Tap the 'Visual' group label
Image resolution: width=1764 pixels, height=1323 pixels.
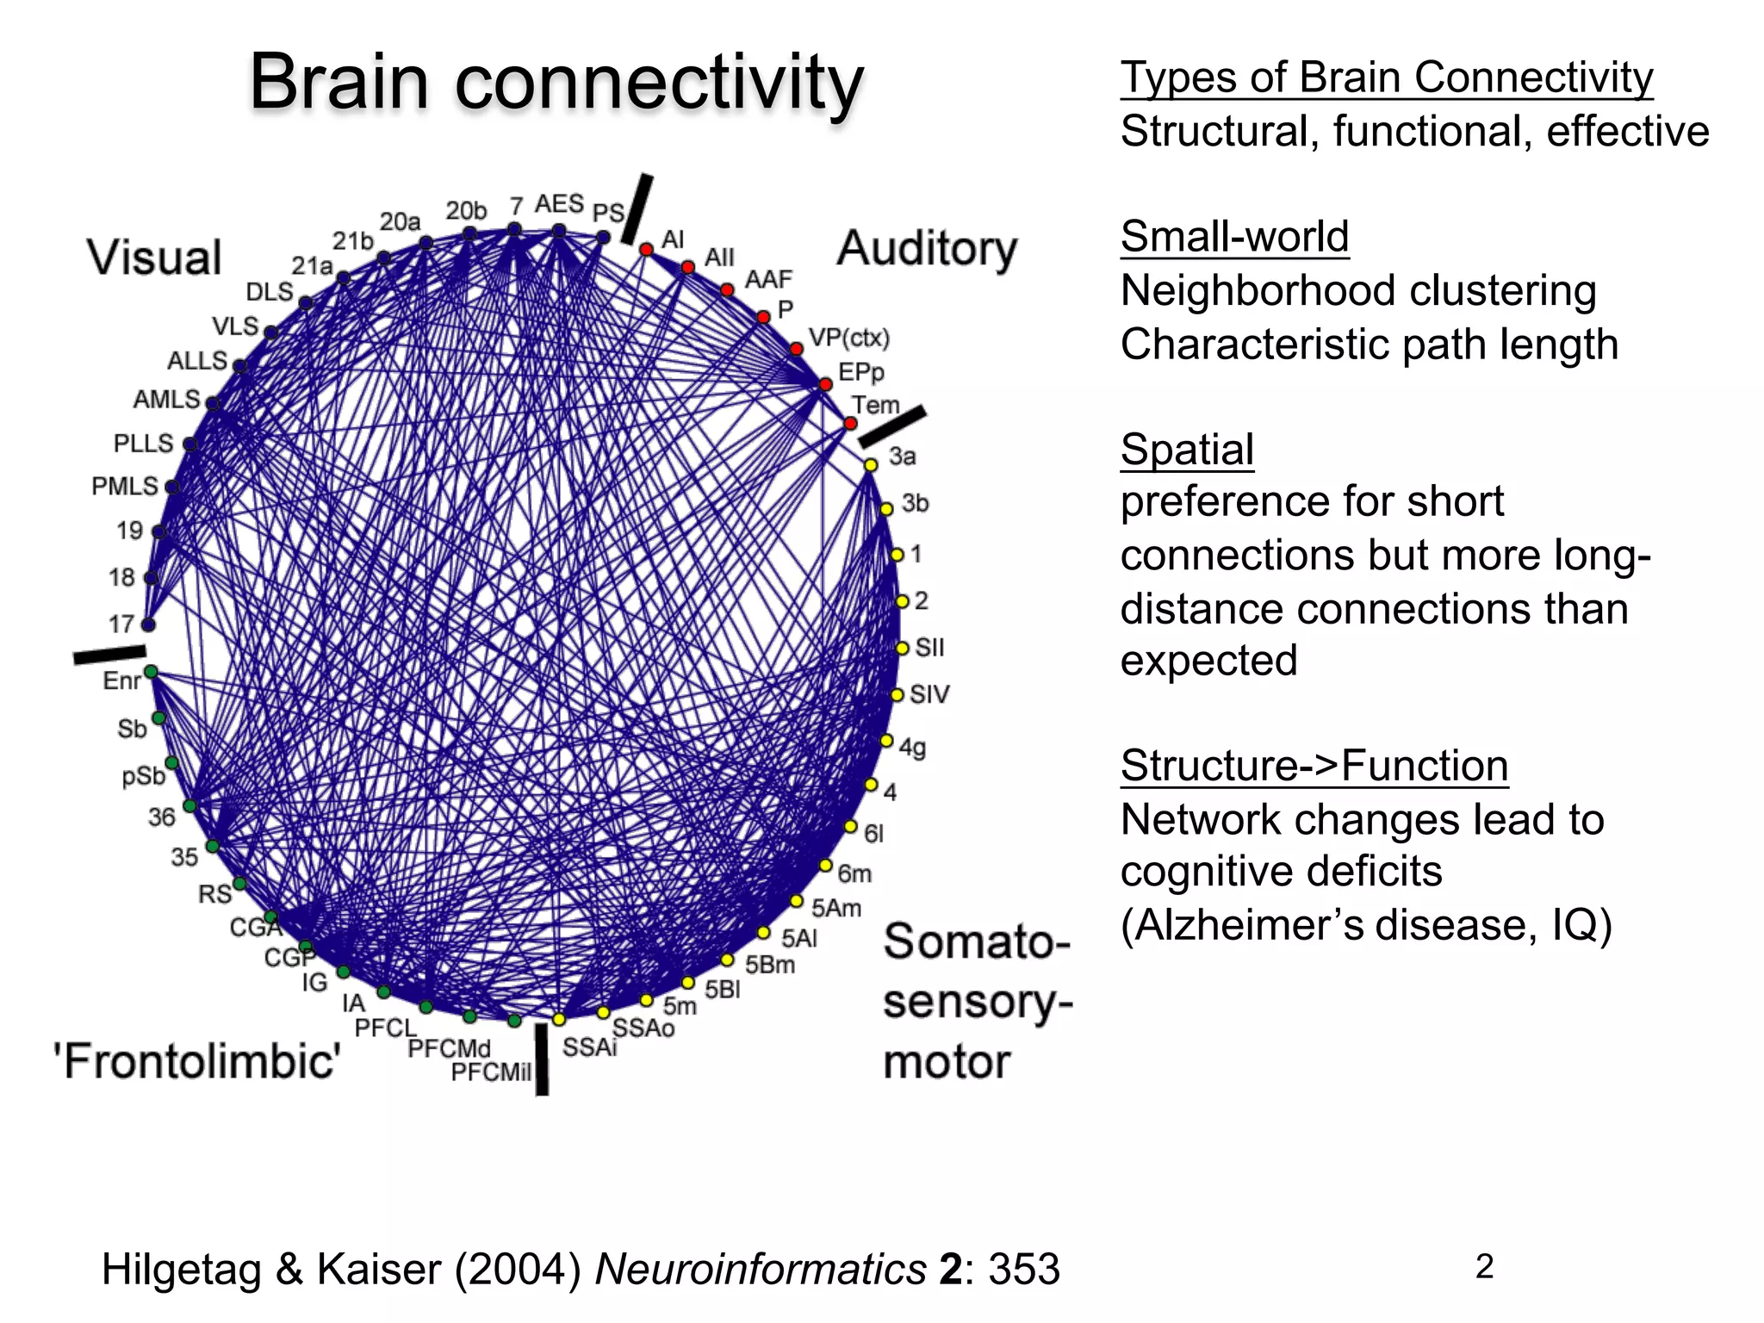click(155, 257)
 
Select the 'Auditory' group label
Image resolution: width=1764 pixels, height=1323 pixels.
click(927, 248)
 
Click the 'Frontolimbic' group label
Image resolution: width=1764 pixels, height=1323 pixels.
click(197, 1060)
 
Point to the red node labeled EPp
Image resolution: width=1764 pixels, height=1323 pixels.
click(825, 384)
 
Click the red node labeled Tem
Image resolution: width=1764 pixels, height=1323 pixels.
click(851, 423)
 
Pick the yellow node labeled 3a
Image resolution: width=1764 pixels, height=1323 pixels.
click(871, 464)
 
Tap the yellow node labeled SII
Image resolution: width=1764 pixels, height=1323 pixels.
click(903, 648)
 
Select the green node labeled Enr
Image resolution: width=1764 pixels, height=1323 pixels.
click(151, 671)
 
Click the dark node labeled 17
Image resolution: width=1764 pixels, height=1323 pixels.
click(148, 624)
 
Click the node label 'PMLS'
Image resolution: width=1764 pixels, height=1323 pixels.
click(125, 486)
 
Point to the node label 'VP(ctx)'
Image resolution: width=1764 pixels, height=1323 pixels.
click(848, 338)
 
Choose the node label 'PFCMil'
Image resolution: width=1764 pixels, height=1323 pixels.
click(491, 1071)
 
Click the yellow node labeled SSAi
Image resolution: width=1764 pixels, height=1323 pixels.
click(559, 1019)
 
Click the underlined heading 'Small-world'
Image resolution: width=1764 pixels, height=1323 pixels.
click(1234, 236)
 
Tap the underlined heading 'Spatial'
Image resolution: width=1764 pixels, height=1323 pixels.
click(1187, 449)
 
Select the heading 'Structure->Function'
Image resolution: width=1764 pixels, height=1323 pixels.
click(1314, 765)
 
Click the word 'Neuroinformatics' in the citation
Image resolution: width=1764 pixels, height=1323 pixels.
click(761, 1269)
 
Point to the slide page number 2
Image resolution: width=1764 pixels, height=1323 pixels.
click(1484, 1266)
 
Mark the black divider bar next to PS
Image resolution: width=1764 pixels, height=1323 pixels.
click(637, 209)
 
